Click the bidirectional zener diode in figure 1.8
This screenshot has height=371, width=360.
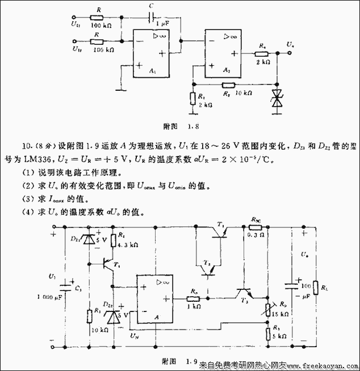(277, 98)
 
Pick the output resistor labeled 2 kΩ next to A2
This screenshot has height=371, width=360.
(261, 54)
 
